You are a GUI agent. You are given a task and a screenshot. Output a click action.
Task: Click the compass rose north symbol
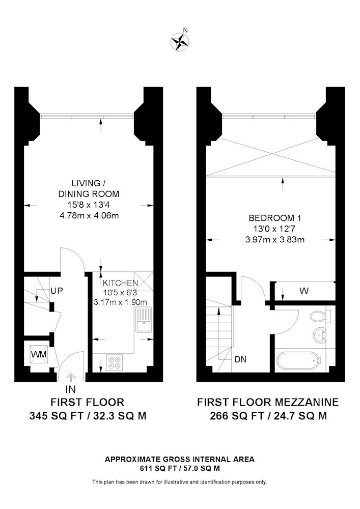pyautogui.click(x=180, y=41)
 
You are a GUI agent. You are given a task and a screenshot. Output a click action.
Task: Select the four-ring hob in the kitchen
pyautogui.click(x=115, y=363)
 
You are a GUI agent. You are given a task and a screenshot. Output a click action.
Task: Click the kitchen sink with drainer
pyautogui.click(x=143, y=320)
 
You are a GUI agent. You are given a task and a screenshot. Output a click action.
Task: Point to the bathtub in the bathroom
pyautogui.click(x=299, y=360)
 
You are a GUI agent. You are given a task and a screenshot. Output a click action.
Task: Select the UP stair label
pyautogui.click(x=57, y=291)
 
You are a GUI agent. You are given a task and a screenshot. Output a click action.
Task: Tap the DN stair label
pyautogui.click(x=240, y=359)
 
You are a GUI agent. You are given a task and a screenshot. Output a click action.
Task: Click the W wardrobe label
pyautogui.click(x=304, y=291)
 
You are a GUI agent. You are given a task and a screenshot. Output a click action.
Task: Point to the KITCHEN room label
pyautogui.click(x=121, y=282)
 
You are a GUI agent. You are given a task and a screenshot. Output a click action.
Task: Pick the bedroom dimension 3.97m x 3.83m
pyautogui.click(x=274, y=240)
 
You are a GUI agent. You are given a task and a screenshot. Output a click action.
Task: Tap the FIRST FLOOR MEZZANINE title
pyautogui.click(x=268, y=402)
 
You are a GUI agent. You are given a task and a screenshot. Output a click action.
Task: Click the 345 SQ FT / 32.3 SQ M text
pyautogui.click(x=88, y=416)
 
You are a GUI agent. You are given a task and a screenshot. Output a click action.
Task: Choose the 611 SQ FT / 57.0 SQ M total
pyautogui.click(x=180, y=468)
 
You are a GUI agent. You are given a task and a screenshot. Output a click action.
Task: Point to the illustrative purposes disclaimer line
pyautogui.click(x=180, y=482)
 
